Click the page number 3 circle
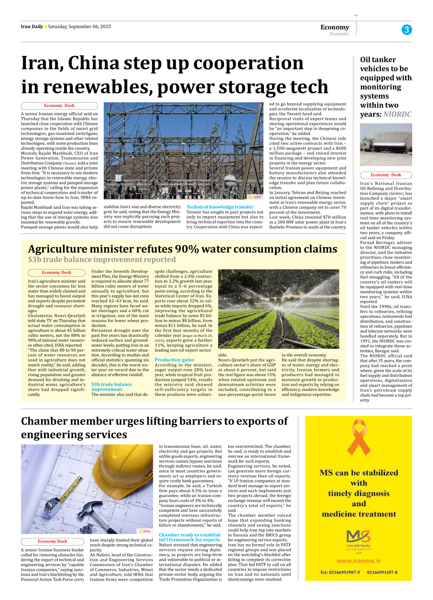(x=407, y=30)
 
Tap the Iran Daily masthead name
(x=32, y=27)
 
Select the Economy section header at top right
(x=335, y=27)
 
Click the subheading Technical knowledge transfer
(x=220, y=207)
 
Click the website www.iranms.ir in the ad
(x=358, y=561)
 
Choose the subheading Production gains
(x=174, y=360)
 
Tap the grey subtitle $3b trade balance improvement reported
(x=102, y=260)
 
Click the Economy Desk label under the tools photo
(x=52, y=541)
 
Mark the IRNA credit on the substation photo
(x=255, y=197)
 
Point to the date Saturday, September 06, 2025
(x=79, y=27)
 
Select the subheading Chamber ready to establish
(x=189, y=535)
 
